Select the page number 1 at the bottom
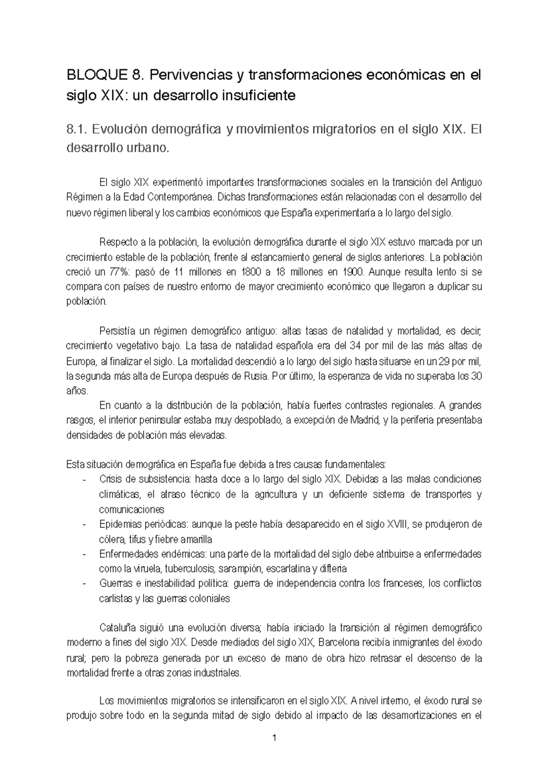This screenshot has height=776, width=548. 274,739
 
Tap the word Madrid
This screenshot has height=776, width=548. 364,420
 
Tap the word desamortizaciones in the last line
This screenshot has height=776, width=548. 423,716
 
